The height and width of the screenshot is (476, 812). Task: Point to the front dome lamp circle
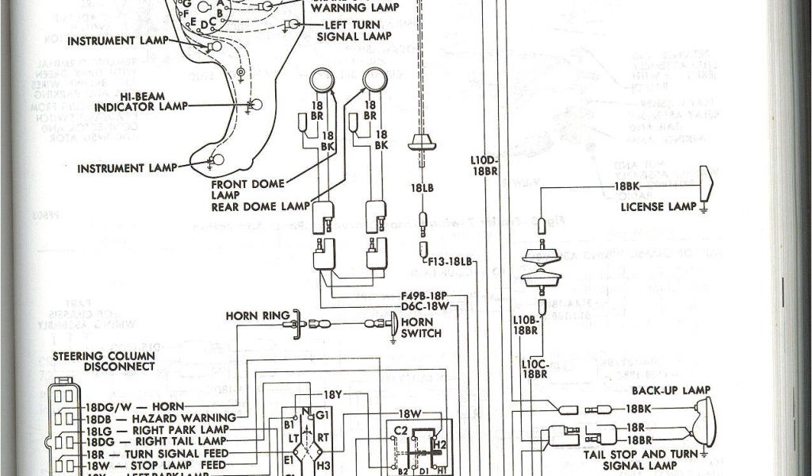[x=321, y=80]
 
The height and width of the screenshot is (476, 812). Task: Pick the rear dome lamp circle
[x=374, y=80]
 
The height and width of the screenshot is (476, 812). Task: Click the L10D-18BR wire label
[x=483, y=165]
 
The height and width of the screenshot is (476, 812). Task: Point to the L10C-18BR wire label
[x=537, y=368]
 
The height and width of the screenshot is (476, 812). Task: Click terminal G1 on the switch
[x=321, y=414]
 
